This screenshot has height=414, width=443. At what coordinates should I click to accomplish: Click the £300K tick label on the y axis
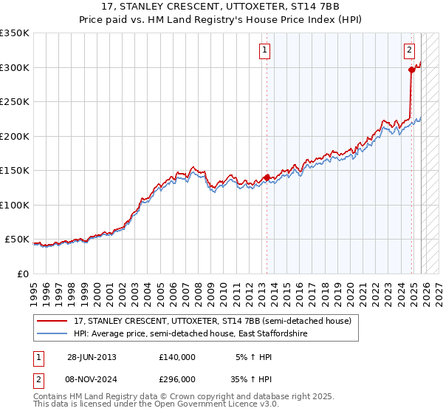coord(15,67)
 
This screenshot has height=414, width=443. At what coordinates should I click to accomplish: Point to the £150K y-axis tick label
coord(15,170)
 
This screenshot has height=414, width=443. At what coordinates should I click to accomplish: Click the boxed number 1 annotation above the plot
coord(265,50)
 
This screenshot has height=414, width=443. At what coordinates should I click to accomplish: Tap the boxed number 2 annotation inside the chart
coord(409,50)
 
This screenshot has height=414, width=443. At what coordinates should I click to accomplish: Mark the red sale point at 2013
coord(267,177)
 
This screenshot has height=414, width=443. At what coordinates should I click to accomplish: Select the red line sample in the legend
coord(53,321)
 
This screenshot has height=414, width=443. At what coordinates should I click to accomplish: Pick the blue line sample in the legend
coord(53,334)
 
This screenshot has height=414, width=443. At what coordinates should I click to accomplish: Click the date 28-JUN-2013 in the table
coord(92,357)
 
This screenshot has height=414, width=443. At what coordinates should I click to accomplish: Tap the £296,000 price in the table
coord(177,379)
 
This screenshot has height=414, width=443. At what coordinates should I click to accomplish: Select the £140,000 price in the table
coord(177,357)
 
